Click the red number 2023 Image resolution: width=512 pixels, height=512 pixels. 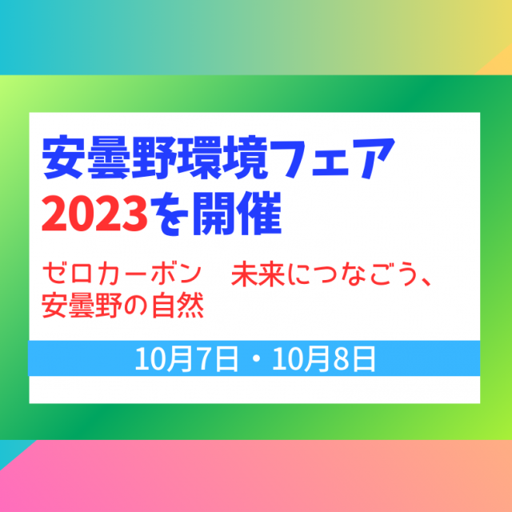point(94,214)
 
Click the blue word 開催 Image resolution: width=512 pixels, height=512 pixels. point(237,214)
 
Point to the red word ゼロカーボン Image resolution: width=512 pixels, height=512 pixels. point(122,274)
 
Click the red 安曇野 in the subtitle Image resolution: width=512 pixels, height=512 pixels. point(82,306)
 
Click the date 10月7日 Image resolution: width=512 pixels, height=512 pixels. point(186,359)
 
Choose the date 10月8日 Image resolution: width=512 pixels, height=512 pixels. point(324,359)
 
